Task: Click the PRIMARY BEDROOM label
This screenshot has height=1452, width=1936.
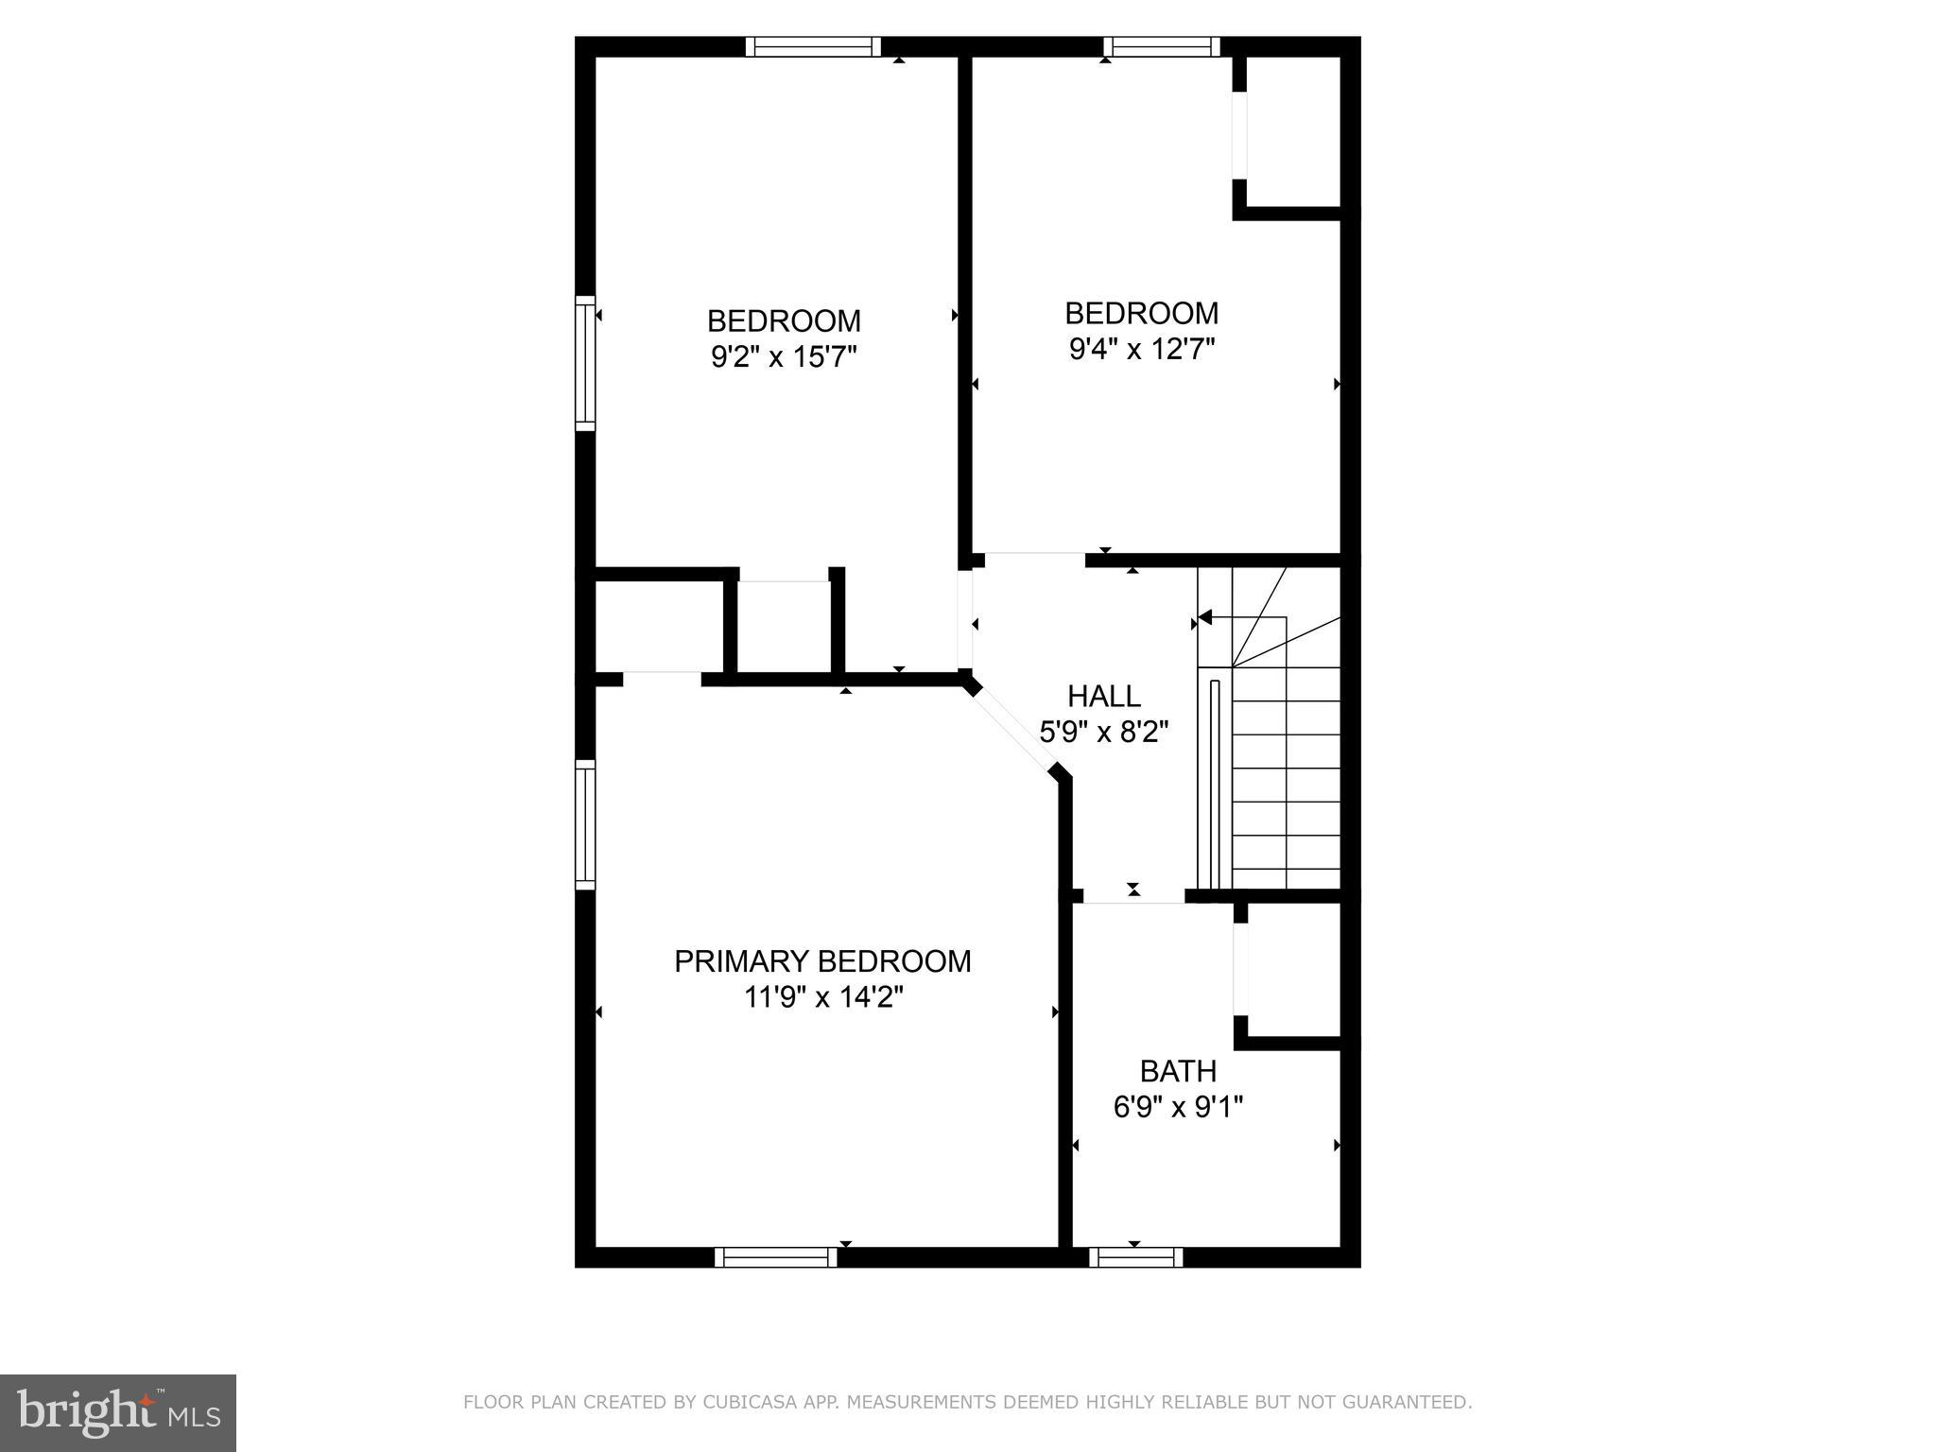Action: click(821, 961)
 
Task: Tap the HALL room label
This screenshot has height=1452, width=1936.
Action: click(1103, 697)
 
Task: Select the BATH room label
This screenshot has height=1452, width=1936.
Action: click(1177, 1071)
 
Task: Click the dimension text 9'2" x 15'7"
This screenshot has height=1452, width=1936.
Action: click(784, 357)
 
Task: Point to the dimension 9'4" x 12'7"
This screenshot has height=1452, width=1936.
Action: click(1141, 350)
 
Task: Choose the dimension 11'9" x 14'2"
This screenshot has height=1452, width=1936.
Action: click(823, 997)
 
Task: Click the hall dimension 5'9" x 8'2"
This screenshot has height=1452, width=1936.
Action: click(1103, 732)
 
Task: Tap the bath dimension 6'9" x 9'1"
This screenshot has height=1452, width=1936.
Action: click(1177, 1107)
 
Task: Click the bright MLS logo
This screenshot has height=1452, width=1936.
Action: click(117, 1413)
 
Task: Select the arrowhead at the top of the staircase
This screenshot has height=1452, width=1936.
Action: click(1204, 618)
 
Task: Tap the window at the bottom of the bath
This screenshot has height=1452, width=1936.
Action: click(1135, 1257)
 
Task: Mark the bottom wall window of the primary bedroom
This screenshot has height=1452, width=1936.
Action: click(775, 1257)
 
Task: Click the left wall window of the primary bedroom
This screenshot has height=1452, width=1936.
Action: click(585, 824)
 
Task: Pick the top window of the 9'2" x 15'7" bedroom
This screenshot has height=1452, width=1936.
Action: click(812, 46)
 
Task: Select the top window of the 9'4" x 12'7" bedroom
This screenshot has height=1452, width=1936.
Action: click(1161, 46)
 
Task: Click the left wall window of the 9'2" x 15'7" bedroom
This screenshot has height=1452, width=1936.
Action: click(585, 363)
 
